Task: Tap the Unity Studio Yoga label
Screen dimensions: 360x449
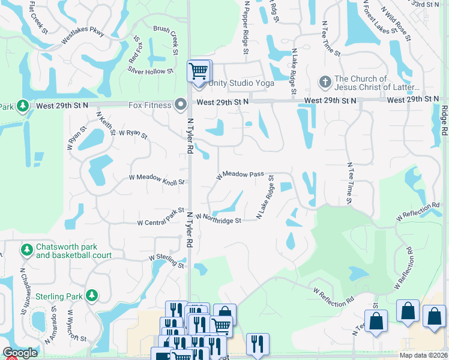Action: [x=241, y=83]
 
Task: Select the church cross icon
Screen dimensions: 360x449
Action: [x=325, y=81]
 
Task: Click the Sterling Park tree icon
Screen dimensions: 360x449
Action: [x=91, y=295]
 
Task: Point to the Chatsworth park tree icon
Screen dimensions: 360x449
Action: [x=26, y=248]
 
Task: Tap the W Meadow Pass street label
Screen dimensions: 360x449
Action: [x=240, y=175]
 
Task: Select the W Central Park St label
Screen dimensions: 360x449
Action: [x=160, y=217]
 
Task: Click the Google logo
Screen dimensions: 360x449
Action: [x=20, y=353]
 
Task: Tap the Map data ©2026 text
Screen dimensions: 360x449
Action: [x=424, y=355]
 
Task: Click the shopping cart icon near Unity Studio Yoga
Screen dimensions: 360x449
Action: [x=197, y=71]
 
